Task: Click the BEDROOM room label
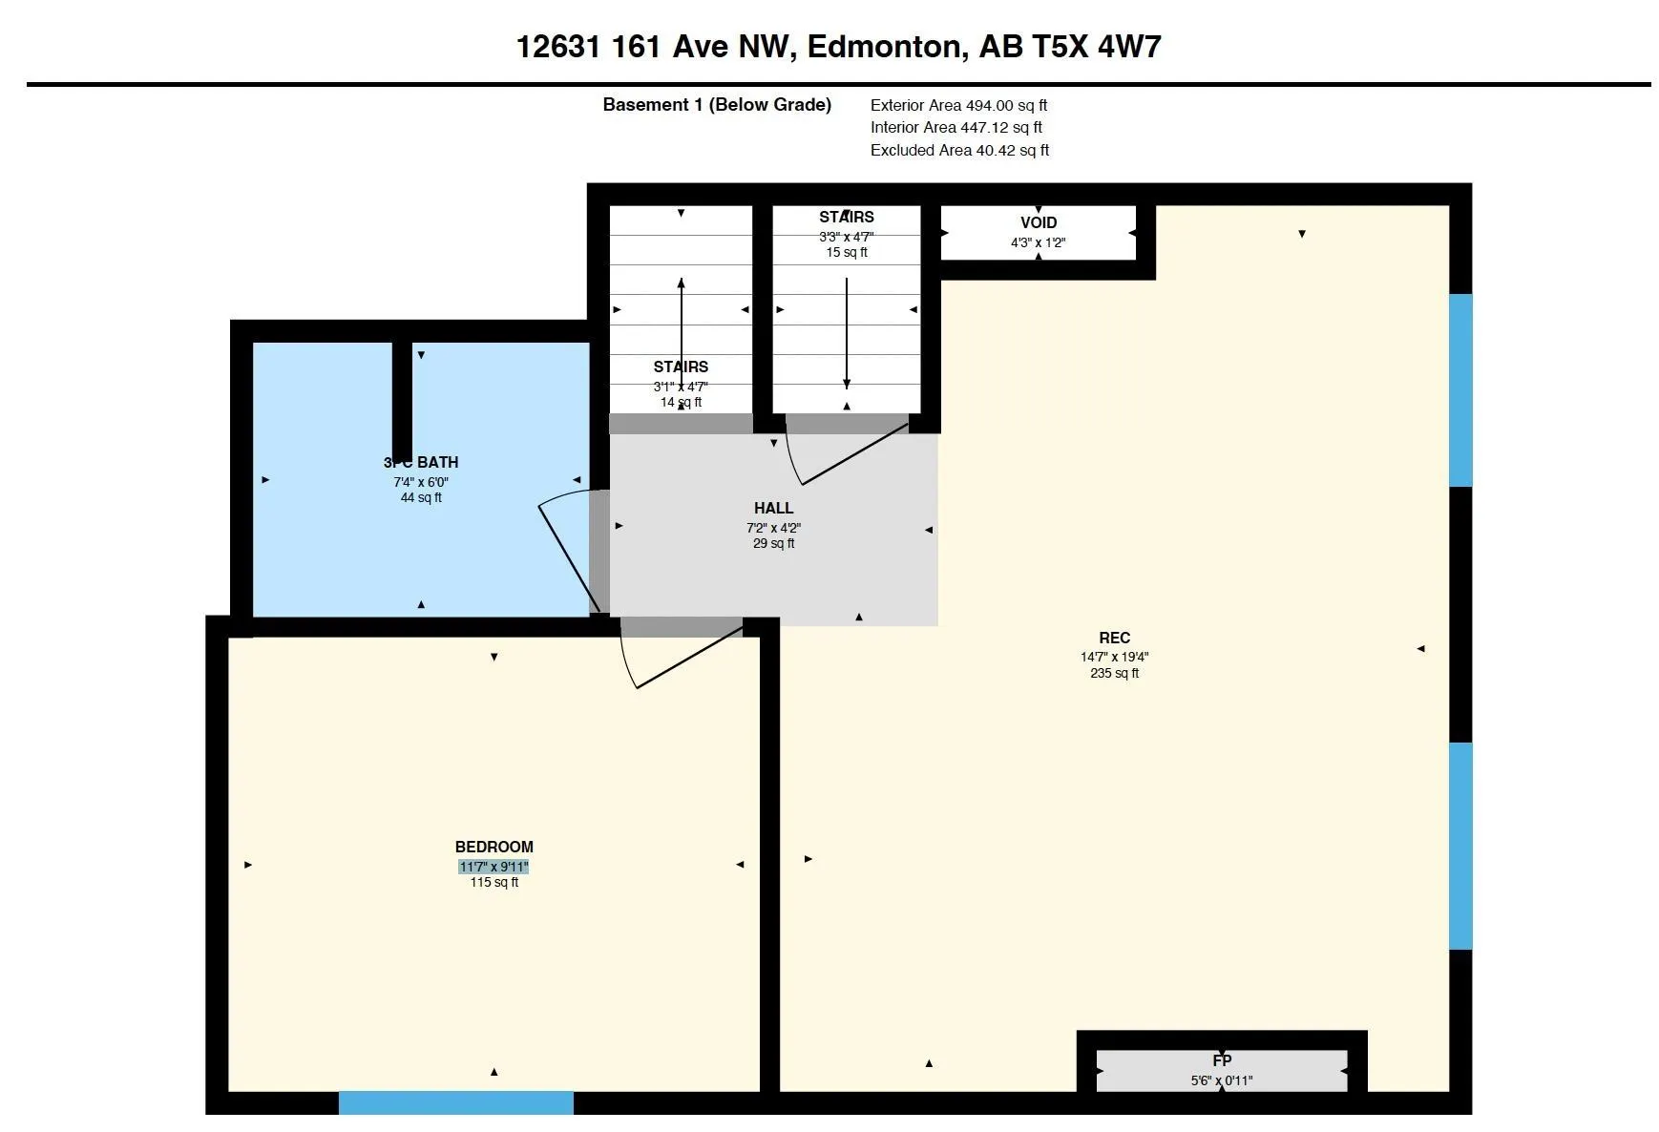coord(493,847)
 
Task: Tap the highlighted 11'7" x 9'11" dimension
coord(493,867)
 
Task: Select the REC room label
coord(1114,638)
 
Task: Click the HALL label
coord(773,508)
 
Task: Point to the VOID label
coord(1039,222)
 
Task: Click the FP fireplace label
coord(1222,1060)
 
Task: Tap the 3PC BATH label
coord(421,462)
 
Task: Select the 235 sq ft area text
coord(1114,673)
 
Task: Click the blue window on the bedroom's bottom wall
coord(456,1102)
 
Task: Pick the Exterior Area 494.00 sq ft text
coord(958,105)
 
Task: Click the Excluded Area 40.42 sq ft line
coord(959,150)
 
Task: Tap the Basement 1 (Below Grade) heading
coord(717,105)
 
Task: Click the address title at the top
coord(838,47)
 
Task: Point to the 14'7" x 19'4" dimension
coord(1114,657)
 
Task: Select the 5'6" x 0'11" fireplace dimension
coord(1222,1080)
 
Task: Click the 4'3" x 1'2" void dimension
coord(1039,242)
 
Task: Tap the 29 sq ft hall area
coord(773,543)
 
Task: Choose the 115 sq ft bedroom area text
coord(493,882)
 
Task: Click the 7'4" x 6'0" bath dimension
coord(421,482)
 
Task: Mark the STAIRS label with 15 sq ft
coord(847,217)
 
